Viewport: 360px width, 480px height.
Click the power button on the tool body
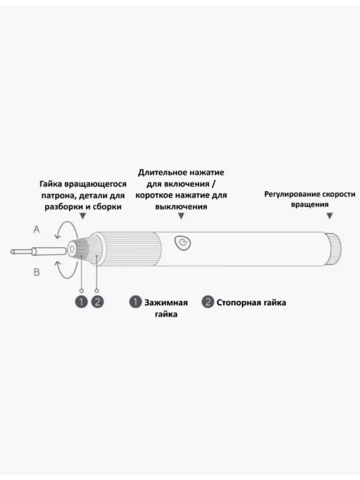[182, 243]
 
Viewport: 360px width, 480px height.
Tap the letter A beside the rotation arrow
[36, 230]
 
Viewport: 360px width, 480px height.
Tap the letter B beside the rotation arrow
[36, 272]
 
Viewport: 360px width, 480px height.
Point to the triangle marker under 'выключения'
[181, 216]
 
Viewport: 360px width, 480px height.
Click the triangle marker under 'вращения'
[330, 216]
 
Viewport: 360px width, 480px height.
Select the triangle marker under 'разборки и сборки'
[82, 216]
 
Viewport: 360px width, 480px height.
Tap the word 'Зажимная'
[166, 303]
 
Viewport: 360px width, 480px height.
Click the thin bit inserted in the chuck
[38, 251]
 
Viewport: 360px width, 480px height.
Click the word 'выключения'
[181, 207]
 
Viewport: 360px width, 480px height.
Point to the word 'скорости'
[338, 194]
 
